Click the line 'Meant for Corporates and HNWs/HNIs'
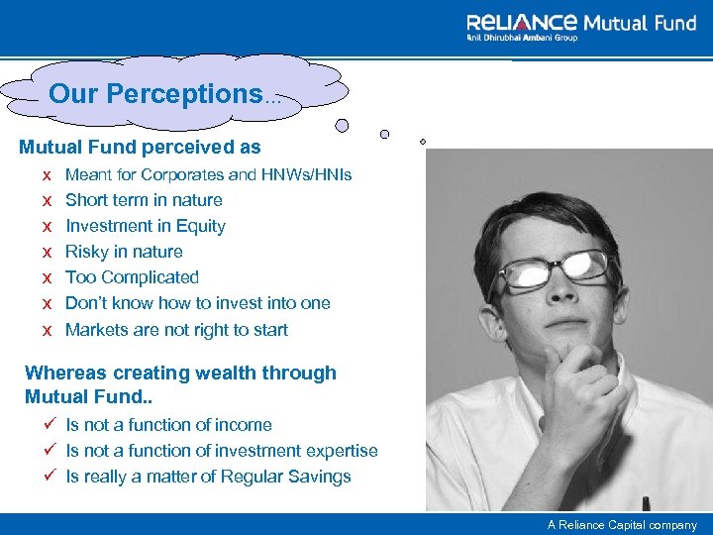pyautogui.click(x=208, y=174)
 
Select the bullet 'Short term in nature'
pyautogui.click(x=144, y=200)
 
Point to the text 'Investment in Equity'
pyautogui.click(x=146, y=226)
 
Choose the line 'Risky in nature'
pyautogui.click(x=124, y=252)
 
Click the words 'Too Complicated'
pyautogui.click(x=132, y=277)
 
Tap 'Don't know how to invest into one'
pyautogui.click(x=197, y=303)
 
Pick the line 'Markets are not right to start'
pyautogui.click(x=176, y=330)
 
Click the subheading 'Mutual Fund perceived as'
pyautogui.click(x=140, y=148)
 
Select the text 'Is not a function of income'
pyautogui.click(x=168, y=425)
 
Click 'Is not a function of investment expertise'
pyautogui.click(x=222, y=451)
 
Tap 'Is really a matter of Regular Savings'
pyautogui.click(x=208, y=477)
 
